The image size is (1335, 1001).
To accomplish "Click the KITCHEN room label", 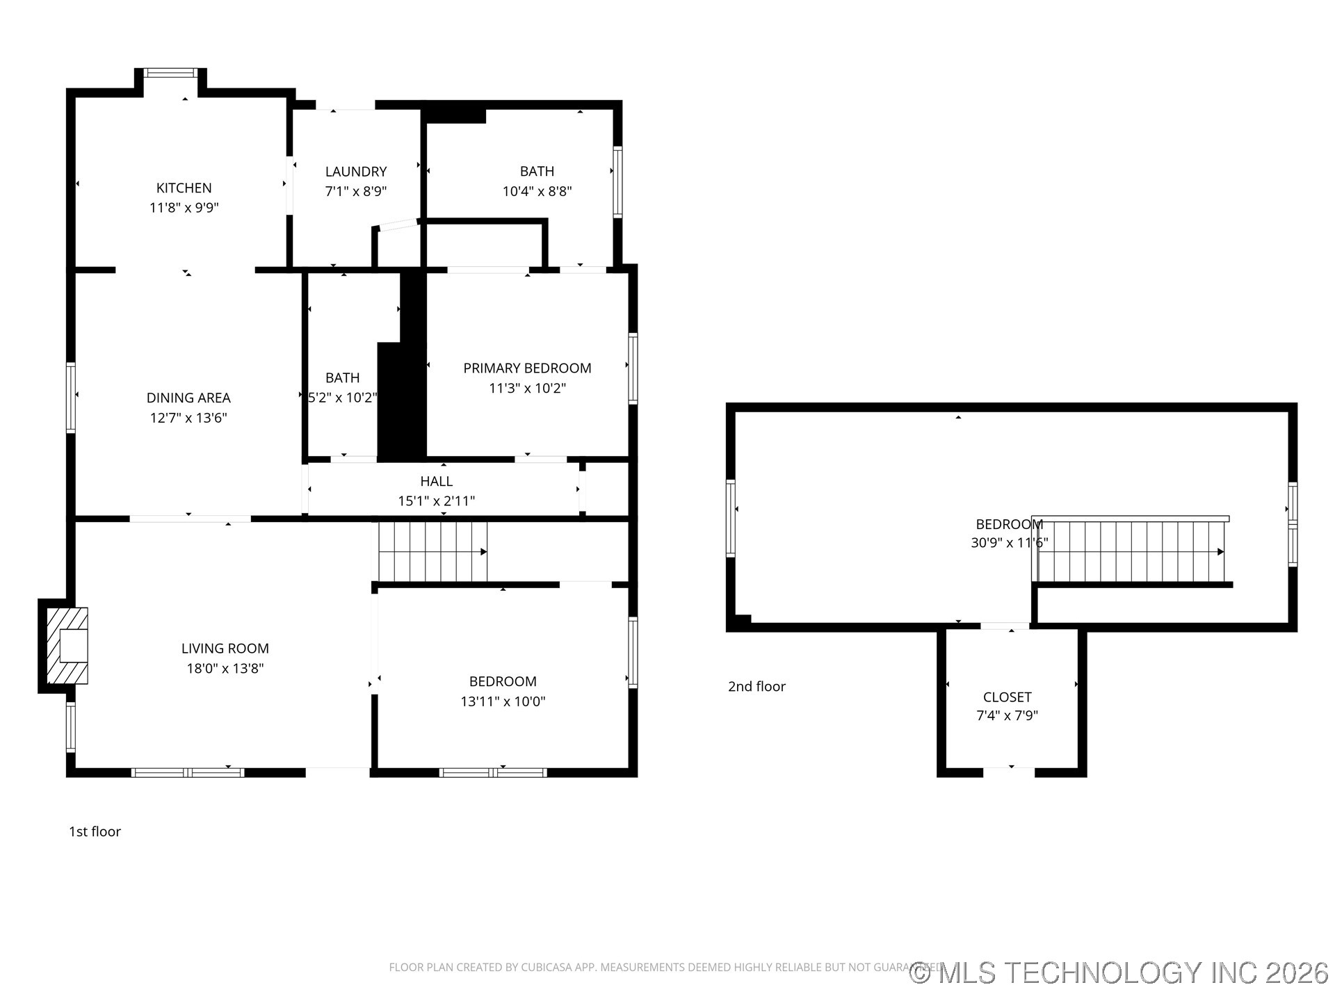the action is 184,188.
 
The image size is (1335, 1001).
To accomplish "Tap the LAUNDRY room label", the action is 356,171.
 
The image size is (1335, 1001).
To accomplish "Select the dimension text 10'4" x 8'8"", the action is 537,191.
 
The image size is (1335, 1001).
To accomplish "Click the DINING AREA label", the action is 188,398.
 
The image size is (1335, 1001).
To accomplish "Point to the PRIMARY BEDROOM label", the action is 528,368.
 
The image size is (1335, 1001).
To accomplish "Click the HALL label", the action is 437,481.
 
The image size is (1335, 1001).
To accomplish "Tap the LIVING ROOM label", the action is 225,649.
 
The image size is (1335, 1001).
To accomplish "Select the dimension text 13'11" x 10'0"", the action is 503,701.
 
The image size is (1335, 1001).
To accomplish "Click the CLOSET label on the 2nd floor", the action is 1008,697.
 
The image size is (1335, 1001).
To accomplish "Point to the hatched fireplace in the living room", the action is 67,646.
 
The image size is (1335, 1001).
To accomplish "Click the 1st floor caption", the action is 95,831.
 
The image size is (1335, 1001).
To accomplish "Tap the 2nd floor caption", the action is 756,686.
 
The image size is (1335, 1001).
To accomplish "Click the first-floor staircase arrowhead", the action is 483,552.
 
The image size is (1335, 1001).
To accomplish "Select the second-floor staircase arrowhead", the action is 1220,552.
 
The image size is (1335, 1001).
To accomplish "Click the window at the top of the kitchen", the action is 171,72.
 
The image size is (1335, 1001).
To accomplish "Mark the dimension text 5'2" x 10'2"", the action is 343,398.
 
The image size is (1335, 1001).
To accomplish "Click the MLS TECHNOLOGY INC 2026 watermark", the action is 1119,972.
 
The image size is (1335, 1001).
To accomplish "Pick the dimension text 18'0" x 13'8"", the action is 225,669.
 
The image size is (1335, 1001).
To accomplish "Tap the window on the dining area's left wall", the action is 71,398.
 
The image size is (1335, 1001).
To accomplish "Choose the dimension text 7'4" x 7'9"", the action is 1008,715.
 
